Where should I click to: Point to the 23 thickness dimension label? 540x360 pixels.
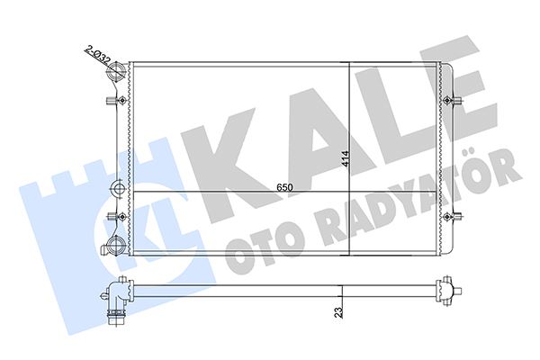tap(336, 314)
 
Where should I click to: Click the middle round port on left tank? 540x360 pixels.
tap(116, 189)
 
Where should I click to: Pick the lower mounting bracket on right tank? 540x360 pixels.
tap(454, 216)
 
